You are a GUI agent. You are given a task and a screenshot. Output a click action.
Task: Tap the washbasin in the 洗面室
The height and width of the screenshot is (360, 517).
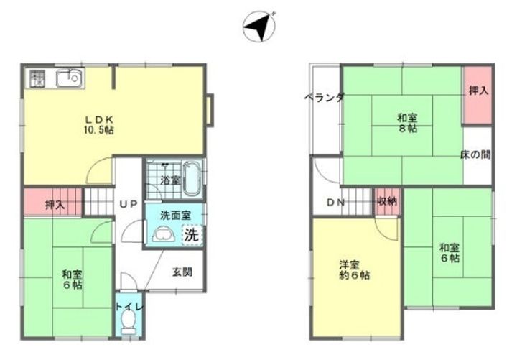pyautogui.click(x=164, y=234)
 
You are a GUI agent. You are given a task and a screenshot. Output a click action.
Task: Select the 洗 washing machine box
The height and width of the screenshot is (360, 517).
pyautogui.click(x=191, y=234)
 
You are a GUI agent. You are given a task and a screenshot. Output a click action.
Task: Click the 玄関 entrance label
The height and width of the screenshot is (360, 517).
pyautogui.click(x=182, y=272)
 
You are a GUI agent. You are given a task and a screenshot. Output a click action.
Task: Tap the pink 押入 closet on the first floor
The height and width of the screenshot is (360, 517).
pyautogui.click(x=54, y=203)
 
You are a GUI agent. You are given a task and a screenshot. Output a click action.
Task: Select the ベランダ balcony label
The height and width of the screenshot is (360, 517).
pyautogui.click(x=324, y=98)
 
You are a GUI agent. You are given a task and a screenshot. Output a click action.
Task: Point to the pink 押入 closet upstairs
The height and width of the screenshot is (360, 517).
pyautogui.click(x=478, y=91)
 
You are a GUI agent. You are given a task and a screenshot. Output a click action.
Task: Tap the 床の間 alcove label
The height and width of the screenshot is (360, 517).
pyautogui.click(x=475, y=154)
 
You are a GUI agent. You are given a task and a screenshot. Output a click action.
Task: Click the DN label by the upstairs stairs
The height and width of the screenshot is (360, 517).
pyautogui.click(x=336, y=203)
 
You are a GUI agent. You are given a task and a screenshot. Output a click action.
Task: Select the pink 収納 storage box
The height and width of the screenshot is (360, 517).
pyautogui.click(x=387, y=202)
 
